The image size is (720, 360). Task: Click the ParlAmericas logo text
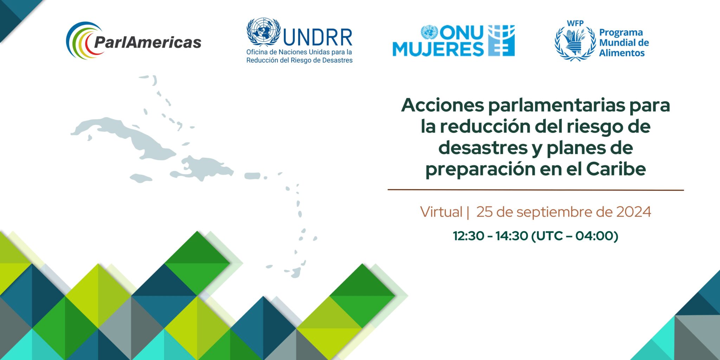pos(148,43)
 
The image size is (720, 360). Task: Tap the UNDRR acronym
pos(317,37)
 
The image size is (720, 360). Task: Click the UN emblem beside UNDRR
pos(263,32)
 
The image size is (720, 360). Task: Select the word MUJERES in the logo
pos(438,49)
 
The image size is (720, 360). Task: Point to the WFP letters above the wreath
pos(575,23)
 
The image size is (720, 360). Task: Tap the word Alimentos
pos(622,53)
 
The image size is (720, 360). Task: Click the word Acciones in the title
pos(443,105)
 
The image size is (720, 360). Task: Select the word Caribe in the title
pos(616,169)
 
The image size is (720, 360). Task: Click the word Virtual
pos(441,212)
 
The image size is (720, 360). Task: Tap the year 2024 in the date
pos(634,212)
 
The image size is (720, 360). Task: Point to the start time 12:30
pos(469,236)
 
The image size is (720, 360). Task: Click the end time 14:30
pos(512,236)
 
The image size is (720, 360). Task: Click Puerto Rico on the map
pos(252,176)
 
